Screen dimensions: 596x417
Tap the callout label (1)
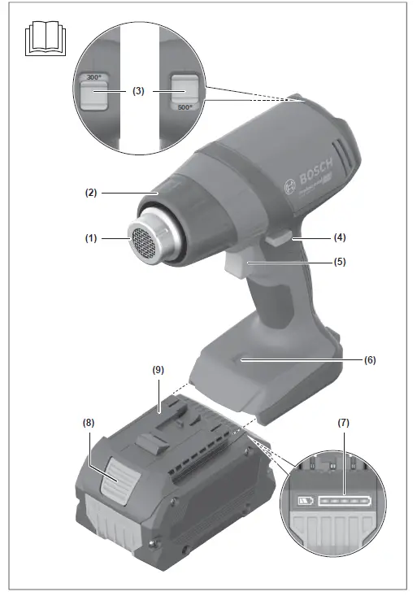pos(90,239)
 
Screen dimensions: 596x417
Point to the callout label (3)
pos(138,92)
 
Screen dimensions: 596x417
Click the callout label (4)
pos(341,238)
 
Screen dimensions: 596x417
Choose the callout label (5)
pos(341,263)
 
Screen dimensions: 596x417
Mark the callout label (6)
pos(370,359)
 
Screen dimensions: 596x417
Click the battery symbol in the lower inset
pos(306,501)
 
